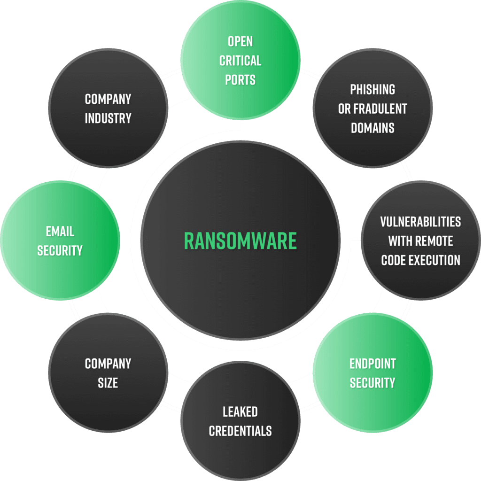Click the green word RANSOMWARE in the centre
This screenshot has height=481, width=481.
tap(240, 240)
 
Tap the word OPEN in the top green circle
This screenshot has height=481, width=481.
tap(240, 41)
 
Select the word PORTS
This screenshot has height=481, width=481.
tap(240, 79)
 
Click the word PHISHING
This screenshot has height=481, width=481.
tap(372, 89)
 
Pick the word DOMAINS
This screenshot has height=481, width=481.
tap(372, 128)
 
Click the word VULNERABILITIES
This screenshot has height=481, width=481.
tap(420, 222)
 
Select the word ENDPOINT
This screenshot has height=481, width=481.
tap(372, 364)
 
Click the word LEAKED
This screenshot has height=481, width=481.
tap(240, 412)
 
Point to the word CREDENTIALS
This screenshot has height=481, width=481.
tap(240, 431)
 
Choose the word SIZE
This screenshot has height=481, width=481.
tap(108, 383)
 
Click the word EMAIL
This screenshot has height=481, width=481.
tap(60, 231)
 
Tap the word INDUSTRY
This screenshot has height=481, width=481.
tap(108, 118)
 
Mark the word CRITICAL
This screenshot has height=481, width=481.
tap(240, 61)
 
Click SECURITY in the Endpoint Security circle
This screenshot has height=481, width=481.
tap(372, 383)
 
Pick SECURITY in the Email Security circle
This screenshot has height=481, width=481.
tap(60, 250)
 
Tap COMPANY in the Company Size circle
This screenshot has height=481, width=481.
tap(108, 364)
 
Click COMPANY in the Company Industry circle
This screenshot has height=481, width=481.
tap(108, 99)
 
